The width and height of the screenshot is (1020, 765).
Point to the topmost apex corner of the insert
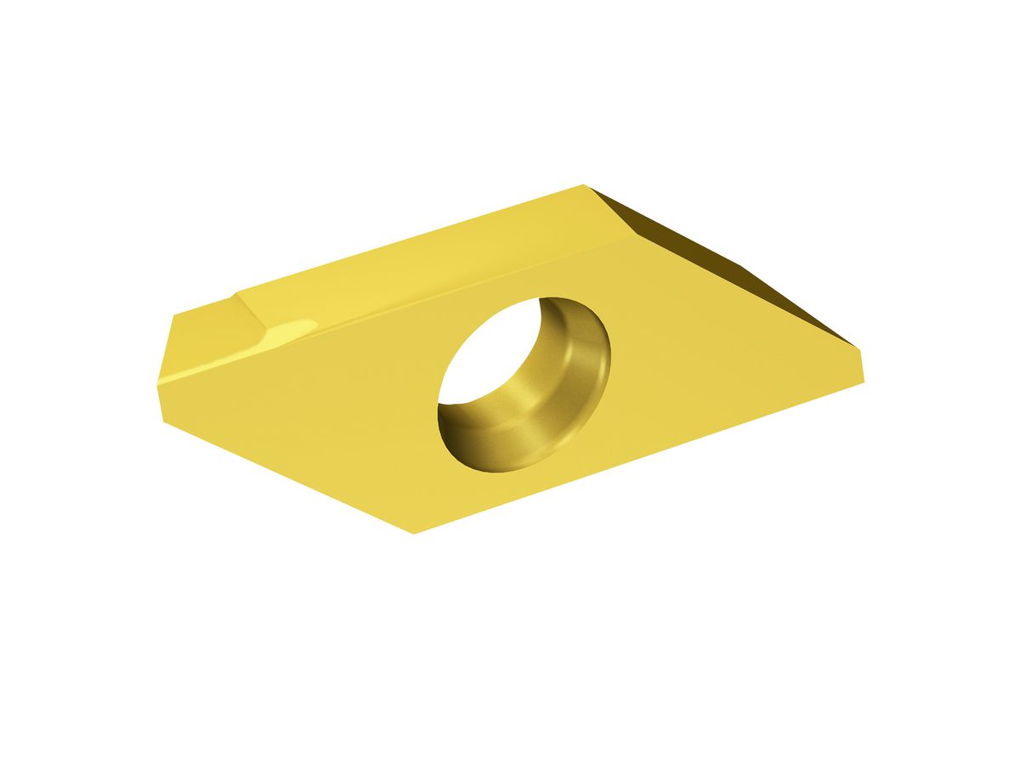pyautogui.click(x=584, y=184)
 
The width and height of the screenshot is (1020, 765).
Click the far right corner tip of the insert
pyautogui.click(x=864, y=379)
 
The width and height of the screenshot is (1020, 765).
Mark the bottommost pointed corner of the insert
pyautogui.click(x=414, y=533)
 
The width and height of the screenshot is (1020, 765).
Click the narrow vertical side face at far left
pyautogui.click(x=167, y=365)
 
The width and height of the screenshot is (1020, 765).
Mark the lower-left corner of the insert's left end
pyautogui.click(x=164, y=418)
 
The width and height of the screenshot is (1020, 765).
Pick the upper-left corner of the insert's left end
pyautogui.click(x=175, y=315)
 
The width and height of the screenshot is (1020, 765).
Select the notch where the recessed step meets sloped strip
pyautogui.click(x=236, y=293)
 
